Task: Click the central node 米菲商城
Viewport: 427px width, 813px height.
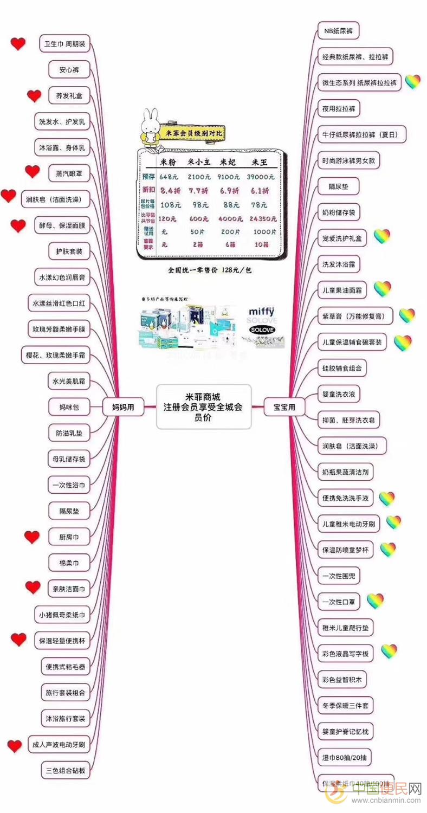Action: click(204, 407)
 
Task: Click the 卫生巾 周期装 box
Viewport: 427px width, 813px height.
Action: click(64, 43)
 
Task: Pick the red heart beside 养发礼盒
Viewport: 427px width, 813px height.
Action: click(34, 96)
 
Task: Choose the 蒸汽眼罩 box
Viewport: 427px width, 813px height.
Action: click(69, 173)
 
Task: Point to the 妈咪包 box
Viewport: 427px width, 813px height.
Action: click(69, 407)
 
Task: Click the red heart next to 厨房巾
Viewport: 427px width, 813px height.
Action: click(32, 537)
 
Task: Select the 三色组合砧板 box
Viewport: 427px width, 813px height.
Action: click(64, 771)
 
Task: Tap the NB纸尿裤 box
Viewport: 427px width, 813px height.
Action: click(338, 31)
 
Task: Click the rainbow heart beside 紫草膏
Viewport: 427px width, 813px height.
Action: click(407, 315)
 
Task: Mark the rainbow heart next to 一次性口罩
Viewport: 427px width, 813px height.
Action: click(375, 600)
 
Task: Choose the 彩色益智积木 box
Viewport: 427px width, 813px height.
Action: click(345, 680)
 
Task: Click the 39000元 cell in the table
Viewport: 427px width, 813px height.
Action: click(261, 177)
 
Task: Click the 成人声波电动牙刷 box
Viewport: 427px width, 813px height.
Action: click(56, 745)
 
